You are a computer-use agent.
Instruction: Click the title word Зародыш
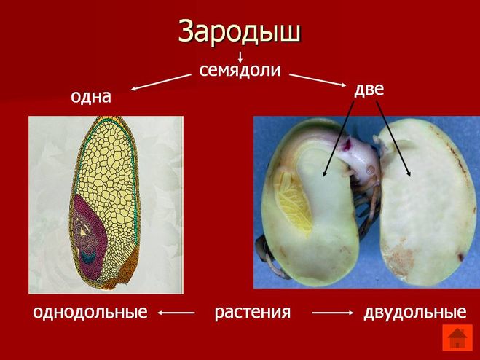click(240, 31)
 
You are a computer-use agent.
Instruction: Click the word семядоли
click(240, 70)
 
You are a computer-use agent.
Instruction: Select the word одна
click(91, 97)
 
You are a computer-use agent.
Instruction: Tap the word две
click(369, 90)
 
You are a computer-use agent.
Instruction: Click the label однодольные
click(90, 312)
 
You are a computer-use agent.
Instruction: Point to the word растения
click(253, 313)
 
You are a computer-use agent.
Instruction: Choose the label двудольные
click(415, 313)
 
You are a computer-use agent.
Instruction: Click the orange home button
click(457, 337)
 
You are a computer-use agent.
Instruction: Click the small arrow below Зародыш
click(240, 57)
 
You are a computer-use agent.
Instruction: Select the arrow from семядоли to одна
click(161, 82)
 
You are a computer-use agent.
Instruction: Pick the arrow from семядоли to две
click(318, 80)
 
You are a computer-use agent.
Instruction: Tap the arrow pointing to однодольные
click(176, 313)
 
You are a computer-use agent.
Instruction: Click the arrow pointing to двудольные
click(333, 313)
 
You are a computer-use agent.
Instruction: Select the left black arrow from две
click(338, 139)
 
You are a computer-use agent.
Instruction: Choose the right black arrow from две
click(393, 139)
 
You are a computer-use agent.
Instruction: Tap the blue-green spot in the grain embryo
click(88, 257)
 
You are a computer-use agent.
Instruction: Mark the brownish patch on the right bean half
click(399, 258)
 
